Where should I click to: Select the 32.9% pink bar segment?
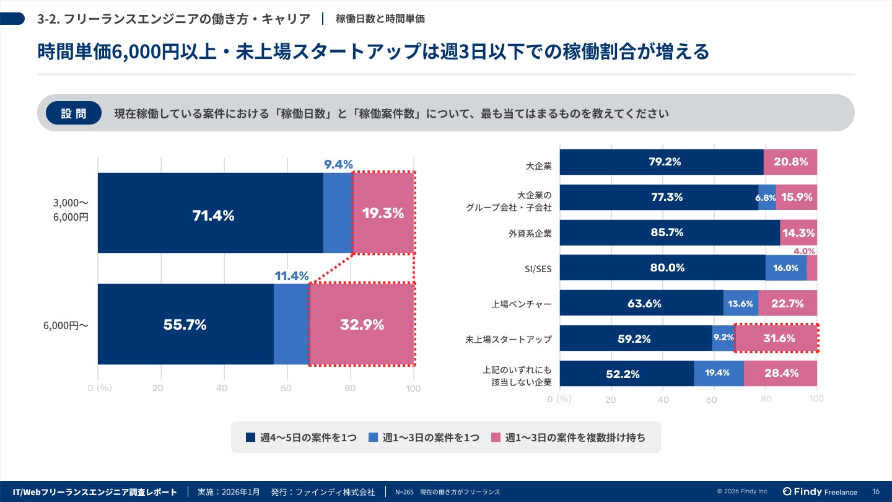coord(362,324)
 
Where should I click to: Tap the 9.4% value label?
coord(338,164)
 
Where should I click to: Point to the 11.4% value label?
coord(291,276)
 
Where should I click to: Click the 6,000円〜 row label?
coord(66,325)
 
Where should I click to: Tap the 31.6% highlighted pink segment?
coord(776,338)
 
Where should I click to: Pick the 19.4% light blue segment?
coord(719,373)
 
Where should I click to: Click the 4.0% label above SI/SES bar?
coord(804,251)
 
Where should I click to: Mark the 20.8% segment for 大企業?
coord(790,162)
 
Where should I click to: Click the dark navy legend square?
coord(250,438)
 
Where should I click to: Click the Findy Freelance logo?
coord(820,491)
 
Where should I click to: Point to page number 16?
coord(875,491)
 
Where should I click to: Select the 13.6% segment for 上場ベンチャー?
coord(740,304)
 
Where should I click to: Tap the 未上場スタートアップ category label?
coord(508,340)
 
